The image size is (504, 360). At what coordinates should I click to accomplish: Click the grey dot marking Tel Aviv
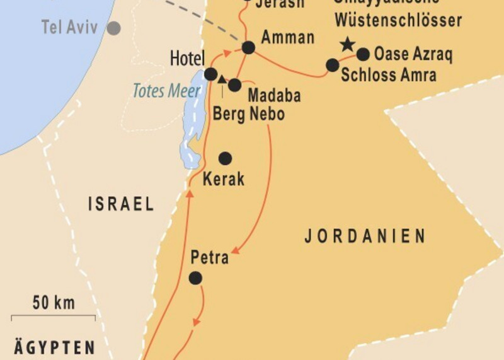(x=114, y=28)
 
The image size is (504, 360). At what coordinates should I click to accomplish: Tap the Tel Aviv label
(x=70, y=27)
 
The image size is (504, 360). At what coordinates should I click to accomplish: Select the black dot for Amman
(x=248, y=47)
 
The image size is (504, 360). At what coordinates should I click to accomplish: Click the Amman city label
(x=288, y=37)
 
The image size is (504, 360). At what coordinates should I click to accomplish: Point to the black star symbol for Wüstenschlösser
(x=346, y=44)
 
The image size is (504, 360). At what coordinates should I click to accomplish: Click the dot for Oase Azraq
(x=363, y=54)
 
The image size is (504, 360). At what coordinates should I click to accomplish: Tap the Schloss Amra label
(x=389, y=74)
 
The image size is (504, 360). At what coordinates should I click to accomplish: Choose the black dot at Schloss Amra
(x=332, y=65)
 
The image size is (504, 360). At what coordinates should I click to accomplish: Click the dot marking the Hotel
(x=211, y=74)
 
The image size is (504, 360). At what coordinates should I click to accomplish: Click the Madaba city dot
(x=234, y=84)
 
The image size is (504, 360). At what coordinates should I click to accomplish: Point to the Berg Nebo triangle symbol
(x=222, y=79)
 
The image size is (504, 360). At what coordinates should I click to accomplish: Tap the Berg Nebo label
(x=249, y=114)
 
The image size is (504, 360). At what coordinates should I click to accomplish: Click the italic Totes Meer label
(x=167, y=91)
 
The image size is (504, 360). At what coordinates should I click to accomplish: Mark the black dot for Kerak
(x=225, y=158)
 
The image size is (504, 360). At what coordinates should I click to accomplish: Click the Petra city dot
(x=195, y=277)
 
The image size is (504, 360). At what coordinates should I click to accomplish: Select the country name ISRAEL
(x=121, y=204)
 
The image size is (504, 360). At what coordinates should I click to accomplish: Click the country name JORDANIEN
(x=365, y=236)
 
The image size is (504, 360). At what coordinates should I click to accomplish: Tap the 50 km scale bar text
(x=54, y=303)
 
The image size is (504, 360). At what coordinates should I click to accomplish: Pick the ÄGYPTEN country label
(x=55, y=347)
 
